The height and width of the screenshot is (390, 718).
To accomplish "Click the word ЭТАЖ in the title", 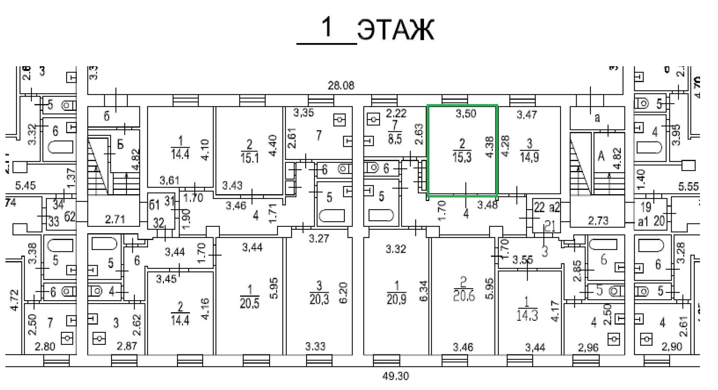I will (396, 30).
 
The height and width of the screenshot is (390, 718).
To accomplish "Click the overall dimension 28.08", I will (341, 86).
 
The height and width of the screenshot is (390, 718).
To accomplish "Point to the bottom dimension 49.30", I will (396, 376).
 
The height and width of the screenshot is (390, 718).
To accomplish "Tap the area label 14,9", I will (529, 157).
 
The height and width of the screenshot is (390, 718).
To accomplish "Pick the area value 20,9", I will (396, 299).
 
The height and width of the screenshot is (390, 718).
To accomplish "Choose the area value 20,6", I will (463, 296).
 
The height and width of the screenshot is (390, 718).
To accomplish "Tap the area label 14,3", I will (527, 315).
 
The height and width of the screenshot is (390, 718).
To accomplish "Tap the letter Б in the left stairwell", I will (120, 144).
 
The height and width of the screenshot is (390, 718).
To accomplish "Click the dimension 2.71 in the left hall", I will (115, 219).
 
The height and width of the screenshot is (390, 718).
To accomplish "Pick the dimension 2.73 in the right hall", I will (598, 220).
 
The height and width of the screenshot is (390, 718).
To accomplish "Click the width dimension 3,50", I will (466, 113).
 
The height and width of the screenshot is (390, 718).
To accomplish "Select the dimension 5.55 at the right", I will (688, 186).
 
